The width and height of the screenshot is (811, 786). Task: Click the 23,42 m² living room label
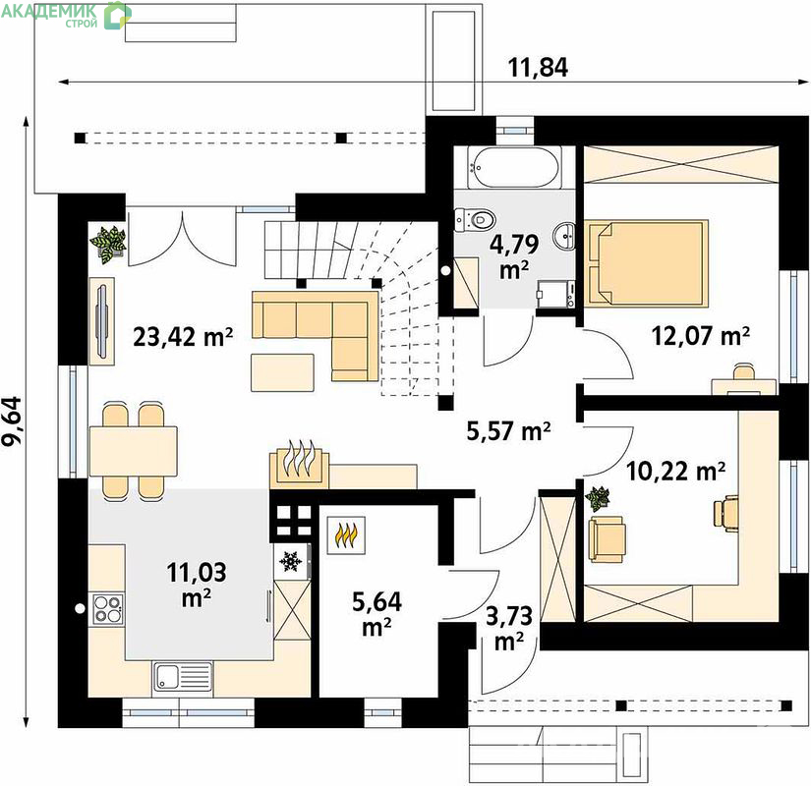click(x=183, y=337)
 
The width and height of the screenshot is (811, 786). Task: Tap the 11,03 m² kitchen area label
click(x=197, y=585)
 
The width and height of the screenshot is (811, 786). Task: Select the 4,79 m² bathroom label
click(x=514, y=256)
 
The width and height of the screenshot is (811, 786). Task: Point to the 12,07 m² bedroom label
click(x=701, y=336)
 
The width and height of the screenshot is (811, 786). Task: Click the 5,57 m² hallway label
click(x=509, y=431)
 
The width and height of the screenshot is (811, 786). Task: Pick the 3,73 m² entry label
click(x=509, y=628)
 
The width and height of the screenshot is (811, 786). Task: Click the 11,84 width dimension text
click(x=538, y=67)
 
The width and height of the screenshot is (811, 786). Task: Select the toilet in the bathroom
click(x=476, y=219)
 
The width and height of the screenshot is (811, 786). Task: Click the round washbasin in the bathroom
click(x=564, y=238)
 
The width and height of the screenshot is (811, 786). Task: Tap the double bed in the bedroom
click(x=646, y=262)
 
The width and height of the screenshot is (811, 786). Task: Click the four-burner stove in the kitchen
click(x=107, y=608)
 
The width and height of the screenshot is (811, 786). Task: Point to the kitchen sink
click(x=183, y=676)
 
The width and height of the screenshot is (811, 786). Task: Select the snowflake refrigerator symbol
click(x=291, y=561)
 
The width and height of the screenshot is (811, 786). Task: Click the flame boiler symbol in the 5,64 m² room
click(x=347, y=535)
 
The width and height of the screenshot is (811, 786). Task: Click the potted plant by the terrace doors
click(x=108, y=245)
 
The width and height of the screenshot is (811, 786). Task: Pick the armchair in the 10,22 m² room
click(x=607, y=538)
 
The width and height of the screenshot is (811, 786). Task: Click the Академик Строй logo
click(x=65, y=14)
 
